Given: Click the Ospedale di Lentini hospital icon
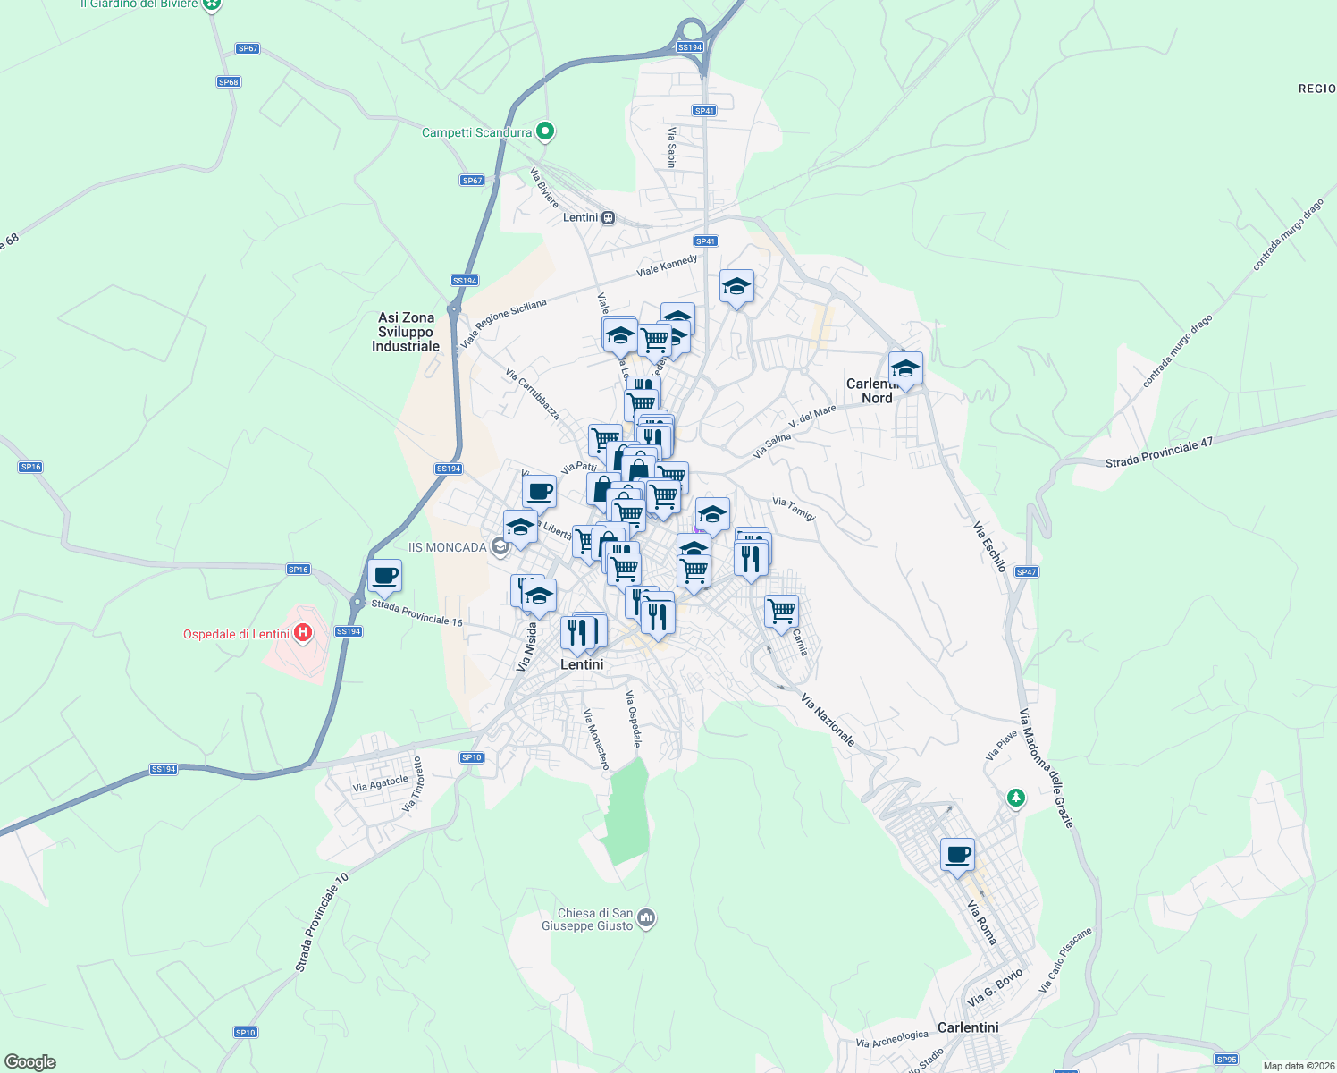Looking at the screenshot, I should point(303,633).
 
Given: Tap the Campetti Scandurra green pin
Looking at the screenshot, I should point(545,132).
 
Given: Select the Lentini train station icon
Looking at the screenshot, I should point(608,217).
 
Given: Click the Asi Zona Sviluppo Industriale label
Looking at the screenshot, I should point(406,332).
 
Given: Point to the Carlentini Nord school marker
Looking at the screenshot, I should point(905,368).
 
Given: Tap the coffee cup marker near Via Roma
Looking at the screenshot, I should point(957,855).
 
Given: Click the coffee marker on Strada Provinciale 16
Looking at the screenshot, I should point(384,576).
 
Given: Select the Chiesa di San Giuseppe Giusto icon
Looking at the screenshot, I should point(647,918).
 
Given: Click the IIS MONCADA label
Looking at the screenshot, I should point(447,547).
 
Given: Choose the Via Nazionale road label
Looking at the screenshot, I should point(828,720).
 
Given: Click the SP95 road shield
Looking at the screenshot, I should point(1226,1060).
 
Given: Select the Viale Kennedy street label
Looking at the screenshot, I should point(667,266).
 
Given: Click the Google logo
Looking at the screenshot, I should point(30,1062).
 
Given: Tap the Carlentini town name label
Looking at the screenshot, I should point(968,1027).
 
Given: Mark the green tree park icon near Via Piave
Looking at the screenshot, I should point(1015,797).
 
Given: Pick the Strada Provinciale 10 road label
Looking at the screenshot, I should point(322,923).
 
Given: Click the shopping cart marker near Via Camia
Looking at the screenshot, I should point(781,612).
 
